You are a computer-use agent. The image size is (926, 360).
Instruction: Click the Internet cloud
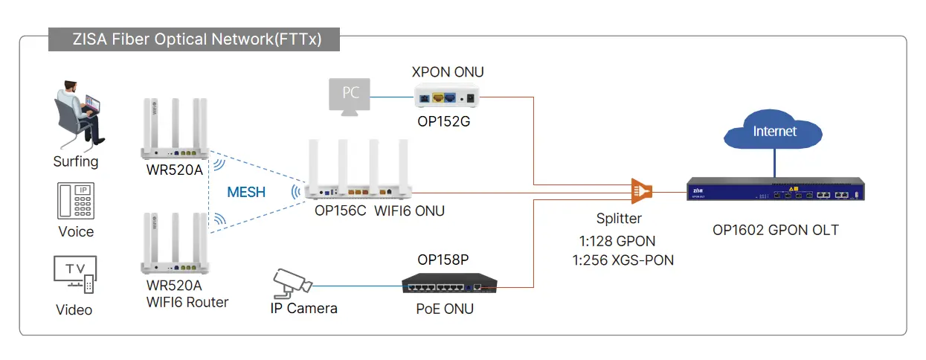pos(774,132)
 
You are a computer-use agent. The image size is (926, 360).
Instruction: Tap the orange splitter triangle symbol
pos(640,191)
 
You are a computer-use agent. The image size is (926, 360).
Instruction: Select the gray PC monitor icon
pos(350,97)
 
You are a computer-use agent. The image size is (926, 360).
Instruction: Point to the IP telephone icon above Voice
pos(76,200)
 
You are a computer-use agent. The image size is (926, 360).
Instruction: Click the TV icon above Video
pos(74,274)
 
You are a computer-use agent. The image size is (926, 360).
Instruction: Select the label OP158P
pos(443,260)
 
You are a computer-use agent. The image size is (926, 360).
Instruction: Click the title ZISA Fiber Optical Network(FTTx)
pos(194,39)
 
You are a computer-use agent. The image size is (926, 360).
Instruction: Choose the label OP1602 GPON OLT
pos(775,230)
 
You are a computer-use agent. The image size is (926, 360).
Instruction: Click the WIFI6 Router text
pos(187,302)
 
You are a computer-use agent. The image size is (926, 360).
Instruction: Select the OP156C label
pos(341,211)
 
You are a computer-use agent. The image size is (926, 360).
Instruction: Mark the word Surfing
pos(76,161)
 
